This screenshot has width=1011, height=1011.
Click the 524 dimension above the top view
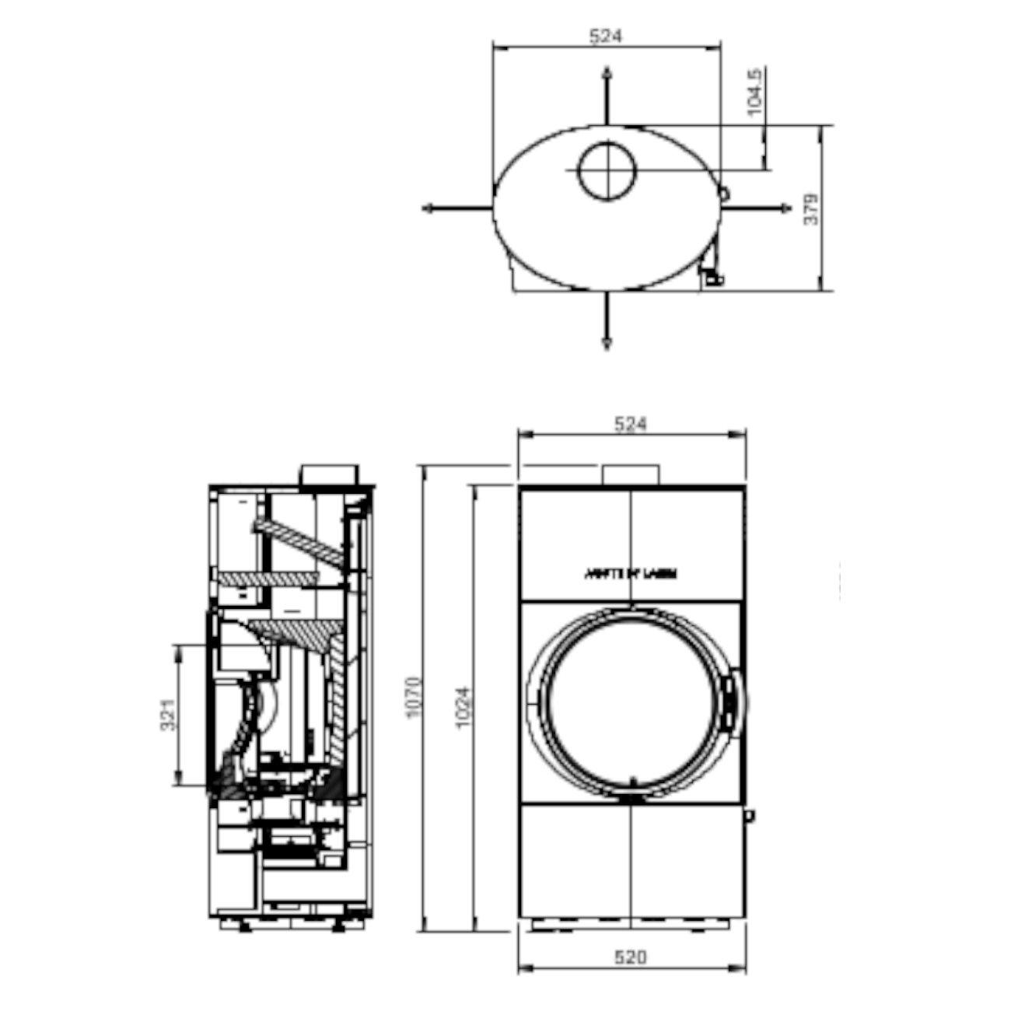606,37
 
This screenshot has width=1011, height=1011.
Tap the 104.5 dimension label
755,92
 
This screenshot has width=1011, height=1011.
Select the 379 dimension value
811,208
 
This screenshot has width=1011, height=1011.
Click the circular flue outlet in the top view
607,171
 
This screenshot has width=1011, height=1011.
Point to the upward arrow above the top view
607,78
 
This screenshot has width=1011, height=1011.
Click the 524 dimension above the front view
631,425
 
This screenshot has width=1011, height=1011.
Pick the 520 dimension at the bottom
631,957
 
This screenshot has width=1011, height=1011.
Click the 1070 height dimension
415,697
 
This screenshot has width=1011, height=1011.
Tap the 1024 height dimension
464,706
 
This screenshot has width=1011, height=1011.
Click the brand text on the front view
630,574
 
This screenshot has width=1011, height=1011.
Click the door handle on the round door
729,695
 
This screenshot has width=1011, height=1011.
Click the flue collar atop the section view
329,474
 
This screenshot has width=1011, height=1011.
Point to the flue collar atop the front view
631,474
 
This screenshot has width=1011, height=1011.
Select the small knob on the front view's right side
750,816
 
